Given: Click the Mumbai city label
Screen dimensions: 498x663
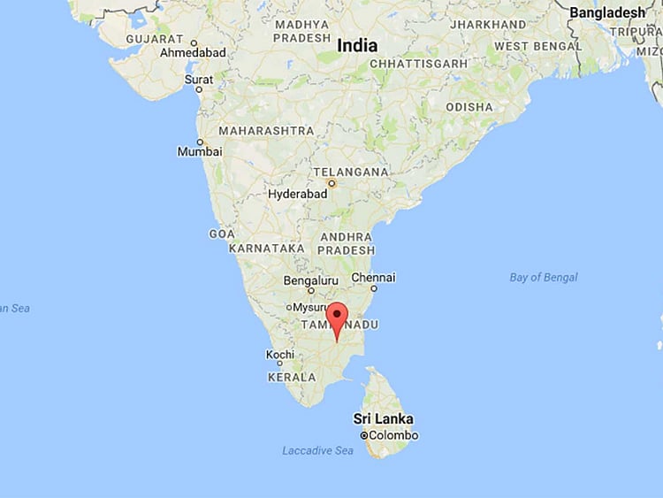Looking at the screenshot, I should coord(200,151).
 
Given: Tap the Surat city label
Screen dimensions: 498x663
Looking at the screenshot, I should coord(198,80).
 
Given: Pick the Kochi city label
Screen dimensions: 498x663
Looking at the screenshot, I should coord(280,355).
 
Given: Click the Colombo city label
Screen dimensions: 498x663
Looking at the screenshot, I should coord(393,435).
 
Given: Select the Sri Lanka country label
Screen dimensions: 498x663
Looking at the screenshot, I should coord(384,418).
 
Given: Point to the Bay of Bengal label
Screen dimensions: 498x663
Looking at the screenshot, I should coord(544,278).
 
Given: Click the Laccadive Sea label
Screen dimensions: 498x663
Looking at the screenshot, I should coord(317,450).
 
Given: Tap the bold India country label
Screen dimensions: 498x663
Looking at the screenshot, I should coord(356,45).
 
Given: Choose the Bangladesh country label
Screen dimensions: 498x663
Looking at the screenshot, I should coord(607,12).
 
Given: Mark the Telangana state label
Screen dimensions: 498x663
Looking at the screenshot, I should coord(351,171).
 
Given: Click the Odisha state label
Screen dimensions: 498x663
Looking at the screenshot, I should coord(469,107).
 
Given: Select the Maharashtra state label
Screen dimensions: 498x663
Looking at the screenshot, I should coord(266,130).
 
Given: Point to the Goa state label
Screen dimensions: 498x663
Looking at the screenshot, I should coord(221,234).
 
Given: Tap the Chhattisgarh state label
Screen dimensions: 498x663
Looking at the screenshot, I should coord(418,64).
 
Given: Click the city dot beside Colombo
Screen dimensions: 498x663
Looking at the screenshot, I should coord(363,436).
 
